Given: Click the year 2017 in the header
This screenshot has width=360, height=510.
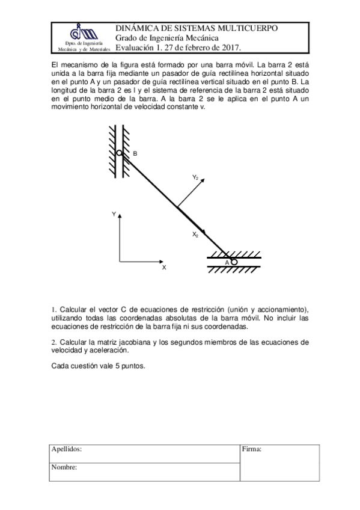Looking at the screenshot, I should [x=230, y=48].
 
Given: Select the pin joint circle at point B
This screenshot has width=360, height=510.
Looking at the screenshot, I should [x=120, y=153].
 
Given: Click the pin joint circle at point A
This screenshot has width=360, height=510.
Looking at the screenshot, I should [x=234, y=262].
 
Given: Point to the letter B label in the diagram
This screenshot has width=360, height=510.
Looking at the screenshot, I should [x=135, y=154].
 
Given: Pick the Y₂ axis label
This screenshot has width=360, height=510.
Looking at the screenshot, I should [x=195, y=177].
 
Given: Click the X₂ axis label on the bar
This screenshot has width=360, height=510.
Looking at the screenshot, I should [x=195, y=235].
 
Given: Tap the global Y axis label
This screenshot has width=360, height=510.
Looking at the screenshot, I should [x=113, y=214].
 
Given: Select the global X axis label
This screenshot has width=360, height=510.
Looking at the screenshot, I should [x=163, y=268].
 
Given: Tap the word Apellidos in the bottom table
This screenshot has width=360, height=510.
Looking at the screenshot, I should [x=67, y=449].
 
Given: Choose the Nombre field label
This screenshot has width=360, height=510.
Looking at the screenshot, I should [x=64, y=467].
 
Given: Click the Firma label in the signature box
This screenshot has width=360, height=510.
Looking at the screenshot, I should [x=251, y=449].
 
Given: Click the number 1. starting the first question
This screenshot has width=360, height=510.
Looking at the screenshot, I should [x=53, y=310].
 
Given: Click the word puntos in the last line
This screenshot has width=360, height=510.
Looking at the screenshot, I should [x=132, y=366].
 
